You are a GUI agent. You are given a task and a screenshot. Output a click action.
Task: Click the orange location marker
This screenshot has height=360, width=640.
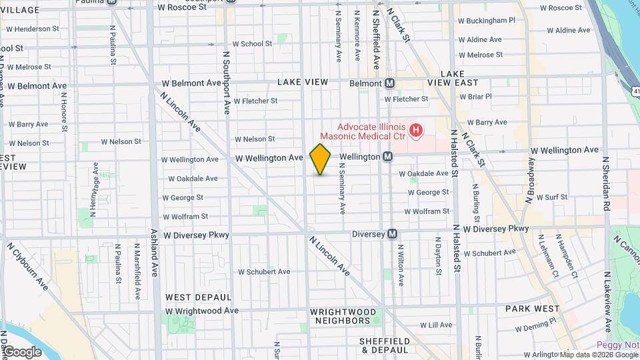click(x=320, y=159)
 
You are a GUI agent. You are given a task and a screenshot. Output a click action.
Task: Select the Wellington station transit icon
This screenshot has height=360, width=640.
click(x=387, y=156)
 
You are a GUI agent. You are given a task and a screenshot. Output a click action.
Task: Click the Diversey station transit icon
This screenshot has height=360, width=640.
click(x=393, y=234)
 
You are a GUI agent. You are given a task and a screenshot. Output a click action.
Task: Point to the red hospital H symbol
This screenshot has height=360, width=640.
click(x=416, y=130)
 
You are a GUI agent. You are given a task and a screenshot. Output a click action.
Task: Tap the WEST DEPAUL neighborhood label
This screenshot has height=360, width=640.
click(x=198, y=297)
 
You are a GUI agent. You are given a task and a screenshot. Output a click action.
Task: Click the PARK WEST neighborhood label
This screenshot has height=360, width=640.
click(x=532, y=309)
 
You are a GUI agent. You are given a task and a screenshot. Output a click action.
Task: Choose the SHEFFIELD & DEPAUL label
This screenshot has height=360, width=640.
click(x=383, y=345)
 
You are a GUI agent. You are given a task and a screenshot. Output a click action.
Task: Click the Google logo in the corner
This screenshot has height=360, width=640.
click(x=22, y=351)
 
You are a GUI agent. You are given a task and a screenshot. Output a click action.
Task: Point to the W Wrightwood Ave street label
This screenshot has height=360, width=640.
click(x=201, y=311)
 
